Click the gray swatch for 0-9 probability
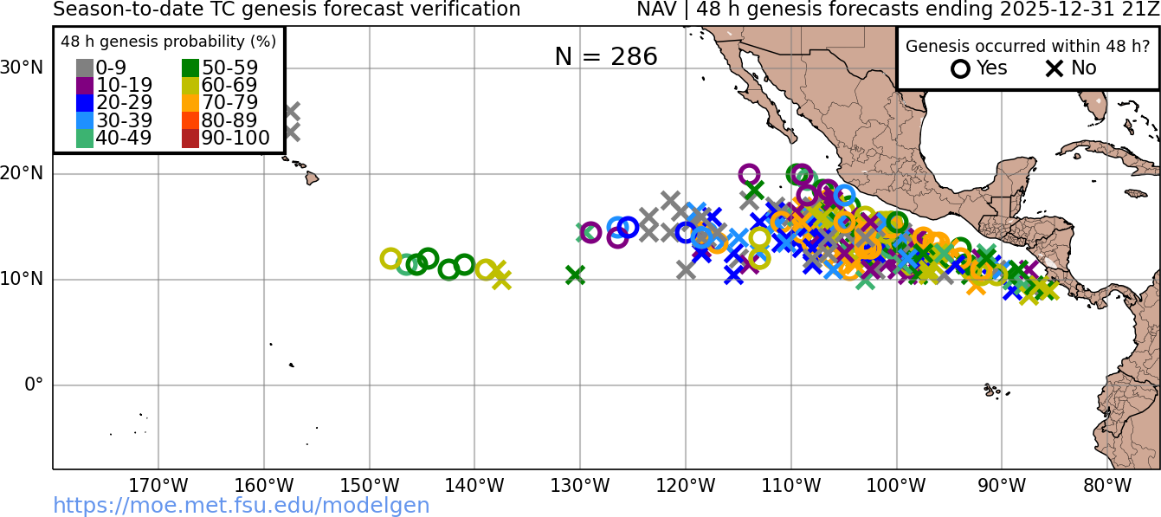(x=85, y=68)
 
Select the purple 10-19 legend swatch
(x=85, y=86)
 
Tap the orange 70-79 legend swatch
(x=190, y=103)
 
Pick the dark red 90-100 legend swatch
(x=190, y=138)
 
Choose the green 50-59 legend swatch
(x=190, y=68)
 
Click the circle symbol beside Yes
(x=960, y=68)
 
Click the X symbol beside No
(x=1055, y=68)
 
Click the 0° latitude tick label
(x=33, y=385)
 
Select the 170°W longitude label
(x=158, y=486)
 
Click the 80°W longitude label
(x=1107, y=486)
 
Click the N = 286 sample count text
(x=606, y=56)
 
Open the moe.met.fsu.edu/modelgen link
(x=242, y=506)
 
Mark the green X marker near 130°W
(x=575, y=275)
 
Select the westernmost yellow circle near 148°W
(x=390, y=258)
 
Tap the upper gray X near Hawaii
(x=291, y=111)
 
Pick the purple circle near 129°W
(x=590, y=232)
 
